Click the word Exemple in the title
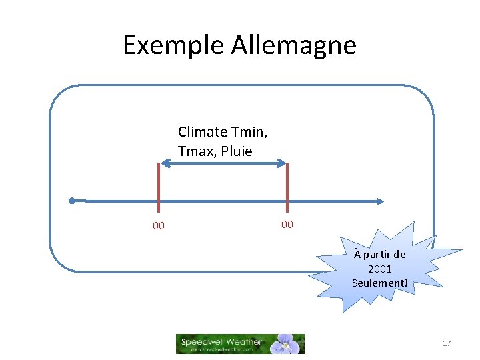click(174, 45)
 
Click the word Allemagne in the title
click(294, 45)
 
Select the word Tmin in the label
click(252, 131)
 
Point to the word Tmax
click(196, 151)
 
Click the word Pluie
click(236, 151)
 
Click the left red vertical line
click(159, 190)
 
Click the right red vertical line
click(287, 190)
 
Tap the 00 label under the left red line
click(159, 226)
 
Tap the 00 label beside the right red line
click(287, 224)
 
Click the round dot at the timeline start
click(71, 201)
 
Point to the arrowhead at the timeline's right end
click(381, 201)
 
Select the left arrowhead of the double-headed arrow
click(163, 162)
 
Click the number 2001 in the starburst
click(379, 269)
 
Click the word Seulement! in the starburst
click(379, 283)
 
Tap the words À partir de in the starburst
click(379, 255)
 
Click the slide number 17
click(447, 343)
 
